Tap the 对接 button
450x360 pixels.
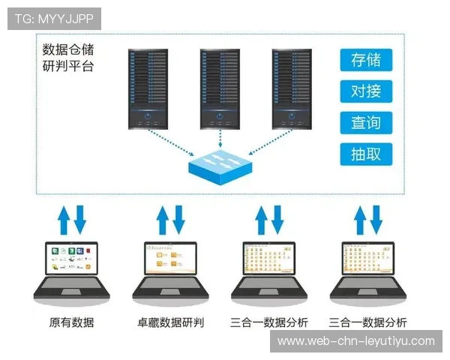point(366,91)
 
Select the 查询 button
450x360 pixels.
point(366,123)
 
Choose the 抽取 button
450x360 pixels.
point(366,154)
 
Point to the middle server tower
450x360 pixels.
point(220,88)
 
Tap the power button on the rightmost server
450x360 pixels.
point(292,116)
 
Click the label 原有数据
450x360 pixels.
point(71,322)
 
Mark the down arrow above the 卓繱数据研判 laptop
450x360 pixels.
point(178,219)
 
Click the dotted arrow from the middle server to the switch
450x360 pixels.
point(220,139)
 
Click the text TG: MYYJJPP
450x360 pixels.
point(53,18)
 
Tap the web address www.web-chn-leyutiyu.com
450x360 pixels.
point(356,340)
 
